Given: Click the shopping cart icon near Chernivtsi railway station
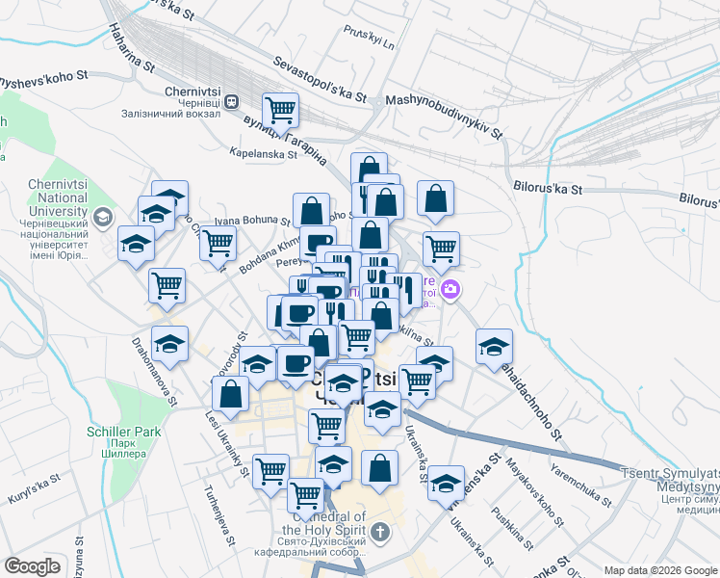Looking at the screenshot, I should (280, 110).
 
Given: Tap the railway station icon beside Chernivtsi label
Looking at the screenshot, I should (232, 99).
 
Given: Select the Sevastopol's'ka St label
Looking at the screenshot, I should (321, 80).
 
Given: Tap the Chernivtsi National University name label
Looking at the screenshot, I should (45, 197).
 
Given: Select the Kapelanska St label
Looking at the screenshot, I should (264, 152).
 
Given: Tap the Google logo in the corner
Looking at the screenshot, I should (34, 565).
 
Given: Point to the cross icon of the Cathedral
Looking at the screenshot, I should (380, 532).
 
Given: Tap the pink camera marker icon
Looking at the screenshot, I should (450, 288).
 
